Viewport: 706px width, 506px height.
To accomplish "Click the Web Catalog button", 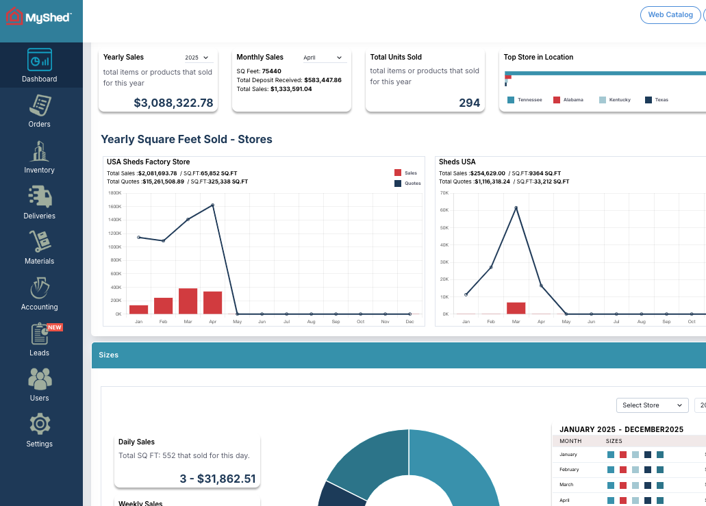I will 670,14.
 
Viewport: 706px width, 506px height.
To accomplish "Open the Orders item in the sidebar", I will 40,112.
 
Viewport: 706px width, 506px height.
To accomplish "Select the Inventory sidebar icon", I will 40,152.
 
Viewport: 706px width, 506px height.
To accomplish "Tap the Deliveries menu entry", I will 40,203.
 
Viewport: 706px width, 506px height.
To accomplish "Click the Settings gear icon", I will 40,425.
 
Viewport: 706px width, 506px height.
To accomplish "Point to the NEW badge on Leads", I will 55,327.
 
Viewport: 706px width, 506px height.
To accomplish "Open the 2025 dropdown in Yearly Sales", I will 197,58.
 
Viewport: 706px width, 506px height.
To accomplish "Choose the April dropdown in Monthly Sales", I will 323,58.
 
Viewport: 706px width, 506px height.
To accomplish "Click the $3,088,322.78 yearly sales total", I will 173,103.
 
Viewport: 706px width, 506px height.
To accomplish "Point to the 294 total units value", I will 469,103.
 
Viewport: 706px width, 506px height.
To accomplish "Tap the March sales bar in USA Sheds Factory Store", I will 188,301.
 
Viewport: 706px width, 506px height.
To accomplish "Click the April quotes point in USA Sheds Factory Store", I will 212,205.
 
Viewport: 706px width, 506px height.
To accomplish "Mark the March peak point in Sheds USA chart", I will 516,207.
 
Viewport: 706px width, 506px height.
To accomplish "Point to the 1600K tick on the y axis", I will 114,206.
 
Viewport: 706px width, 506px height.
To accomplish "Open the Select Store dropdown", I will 652,405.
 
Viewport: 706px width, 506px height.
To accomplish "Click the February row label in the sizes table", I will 569,470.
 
